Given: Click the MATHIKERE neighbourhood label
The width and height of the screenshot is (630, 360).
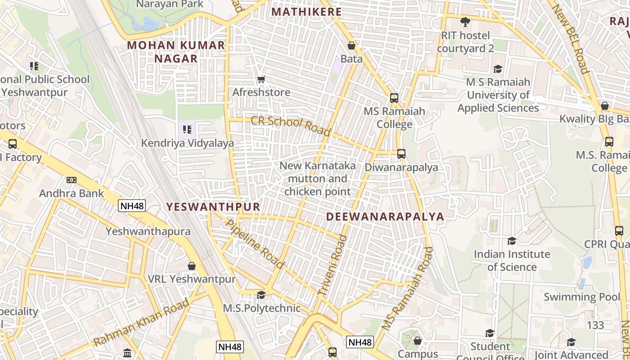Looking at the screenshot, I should point(307,12).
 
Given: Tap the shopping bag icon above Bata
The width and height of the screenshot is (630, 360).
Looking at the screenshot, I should point(351,45).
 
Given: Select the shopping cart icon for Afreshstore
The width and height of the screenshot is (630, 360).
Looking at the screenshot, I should point(261,80).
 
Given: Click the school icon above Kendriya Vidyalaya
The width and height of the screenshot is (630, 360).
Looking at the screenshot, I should point(187,130).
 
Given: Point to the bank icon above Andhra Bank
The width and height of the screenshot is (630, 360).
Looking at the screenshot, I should point(71,180).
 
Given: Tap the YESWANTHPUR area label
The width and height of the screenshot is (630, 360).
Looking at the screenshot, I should point(213,207).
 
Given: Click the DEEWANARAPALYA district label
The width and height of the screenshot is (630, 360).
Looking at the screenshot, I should point(385,216).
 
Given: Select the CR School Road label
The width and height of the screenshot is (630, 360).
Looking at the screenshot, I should point(290,126).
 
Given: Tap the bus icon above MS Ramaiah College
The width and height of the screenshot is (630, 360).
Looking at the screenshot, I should point(394,98).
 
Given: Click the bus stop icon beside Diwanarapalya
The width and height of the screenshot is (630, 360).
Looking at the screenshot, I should point(401,154).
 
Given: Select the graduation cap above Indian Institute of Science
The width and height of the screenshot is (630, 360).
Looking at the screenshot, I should point(512,241).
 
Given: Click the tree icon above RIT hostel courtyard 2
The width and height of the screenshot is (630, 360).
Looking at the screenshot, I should point(465,22).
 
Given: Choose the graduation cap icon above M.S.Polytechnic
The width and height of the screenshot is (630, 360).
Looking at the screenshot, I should point(261,295).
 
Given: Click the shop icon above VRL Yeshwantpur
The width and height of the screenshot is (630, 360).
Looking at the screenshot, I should point(192,266).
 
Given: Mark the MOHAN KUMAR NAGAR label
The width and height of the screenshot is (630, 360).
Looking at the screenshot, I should point(176,52).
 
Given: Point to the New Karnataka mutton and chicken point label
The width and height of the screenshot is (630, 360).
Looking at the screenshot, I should point(317,179).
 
